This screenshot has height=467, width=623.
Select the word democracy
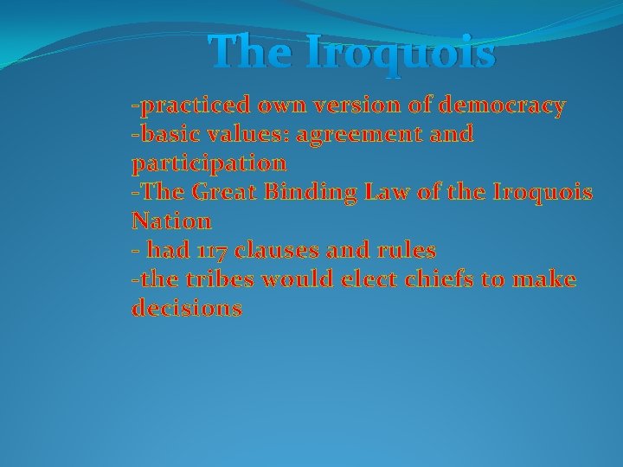pos(503,106)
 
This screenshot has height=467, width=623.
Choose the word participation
pos(209,163)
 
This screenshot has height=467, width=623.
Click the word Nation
pos(171,221)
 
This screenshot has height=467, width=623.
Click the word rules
pos(409,251)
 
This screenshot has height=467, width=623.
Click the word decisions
pos(187,309)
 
